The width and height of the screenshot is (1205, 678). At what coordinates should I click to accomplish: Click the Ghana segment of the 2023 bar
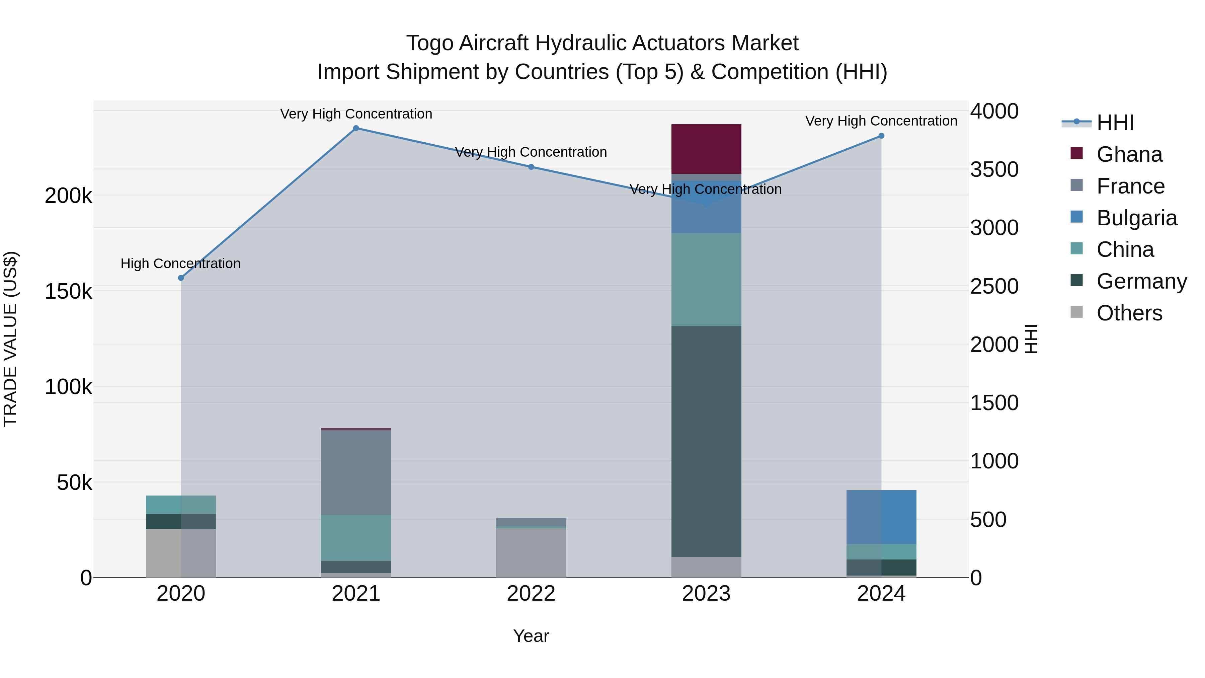(706, 149)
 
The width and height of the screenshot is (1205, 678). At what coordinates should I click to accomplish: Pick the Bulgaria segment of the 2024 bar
(881, 517)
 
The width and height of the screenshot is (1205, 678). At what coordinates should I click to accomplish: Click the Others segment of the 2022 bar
(531, 552)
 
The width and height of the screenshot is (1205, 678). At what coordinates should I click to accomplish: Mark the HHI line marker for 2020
(181, 278)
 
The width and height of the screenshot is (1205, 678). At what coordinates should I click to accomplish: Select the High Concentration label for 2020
(180, 264)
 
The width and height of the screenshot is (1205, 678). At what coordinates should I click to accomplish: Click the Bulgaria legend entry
(1136, 218)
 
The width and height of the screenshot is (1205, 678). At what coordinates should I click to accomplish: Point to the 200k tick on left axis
(68, 196)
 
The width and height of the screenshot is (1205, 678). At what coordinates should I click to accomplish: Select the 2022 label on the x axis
(531, 594)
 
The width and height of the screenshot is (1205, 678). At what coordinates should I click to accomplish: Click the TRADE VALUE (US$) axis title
(10, 339)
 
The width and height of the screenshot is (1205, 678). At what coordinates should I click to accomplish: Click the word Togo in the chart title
(429, 44)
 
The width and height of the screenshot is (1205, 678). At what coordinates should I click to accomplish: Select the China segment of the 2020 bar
(181, 505)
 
